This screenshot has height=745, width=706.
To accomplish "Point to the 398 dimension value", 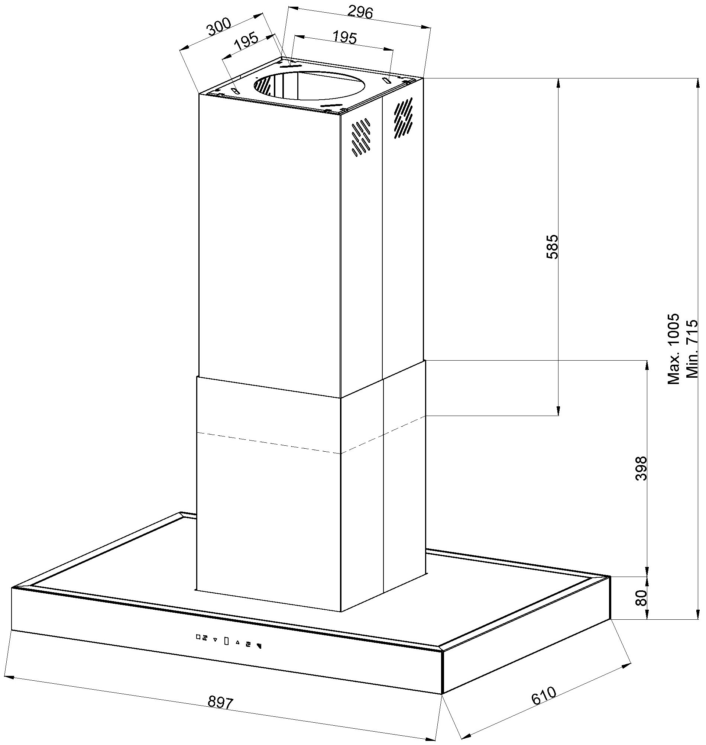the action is (x=641, y=468).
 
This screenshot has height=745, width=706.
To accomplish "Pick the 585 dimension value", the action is (x=552, y=247).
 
